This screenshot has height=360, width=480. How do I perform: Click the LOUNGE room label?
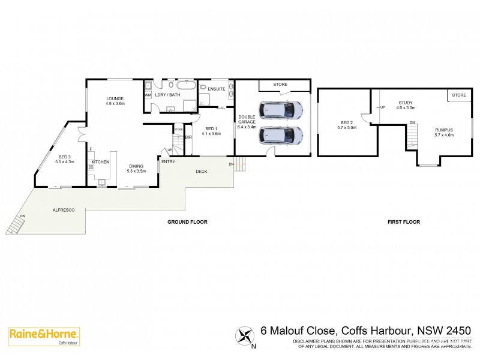[x=115, y=98]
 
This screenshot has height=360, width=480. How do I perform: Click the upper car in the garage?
[x=280, y=110]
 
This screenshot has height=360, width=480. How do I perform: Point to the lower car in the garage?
[x=280, y=136]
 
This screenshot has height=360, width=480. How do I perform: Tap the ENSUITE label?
[x=217, y=89]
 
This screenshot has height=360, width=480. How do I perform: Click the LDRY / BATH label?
[x=168, y=95]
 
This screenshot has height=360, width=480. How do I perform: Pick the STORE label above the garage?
[x=280, y=84]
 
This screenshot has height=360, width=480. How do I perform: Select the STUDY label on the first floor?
[x=404, y=102]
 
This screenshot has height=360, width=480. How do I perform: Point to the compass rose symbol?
[x=245, y=334]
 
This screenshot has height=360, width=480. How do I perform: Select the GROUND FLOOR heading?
[x=187, y=222]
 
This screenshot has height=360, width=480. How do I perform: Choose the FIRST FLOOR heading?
[x=404, y=222]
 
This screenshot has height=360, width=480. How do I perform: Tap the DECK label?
[x=202, y=171]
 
